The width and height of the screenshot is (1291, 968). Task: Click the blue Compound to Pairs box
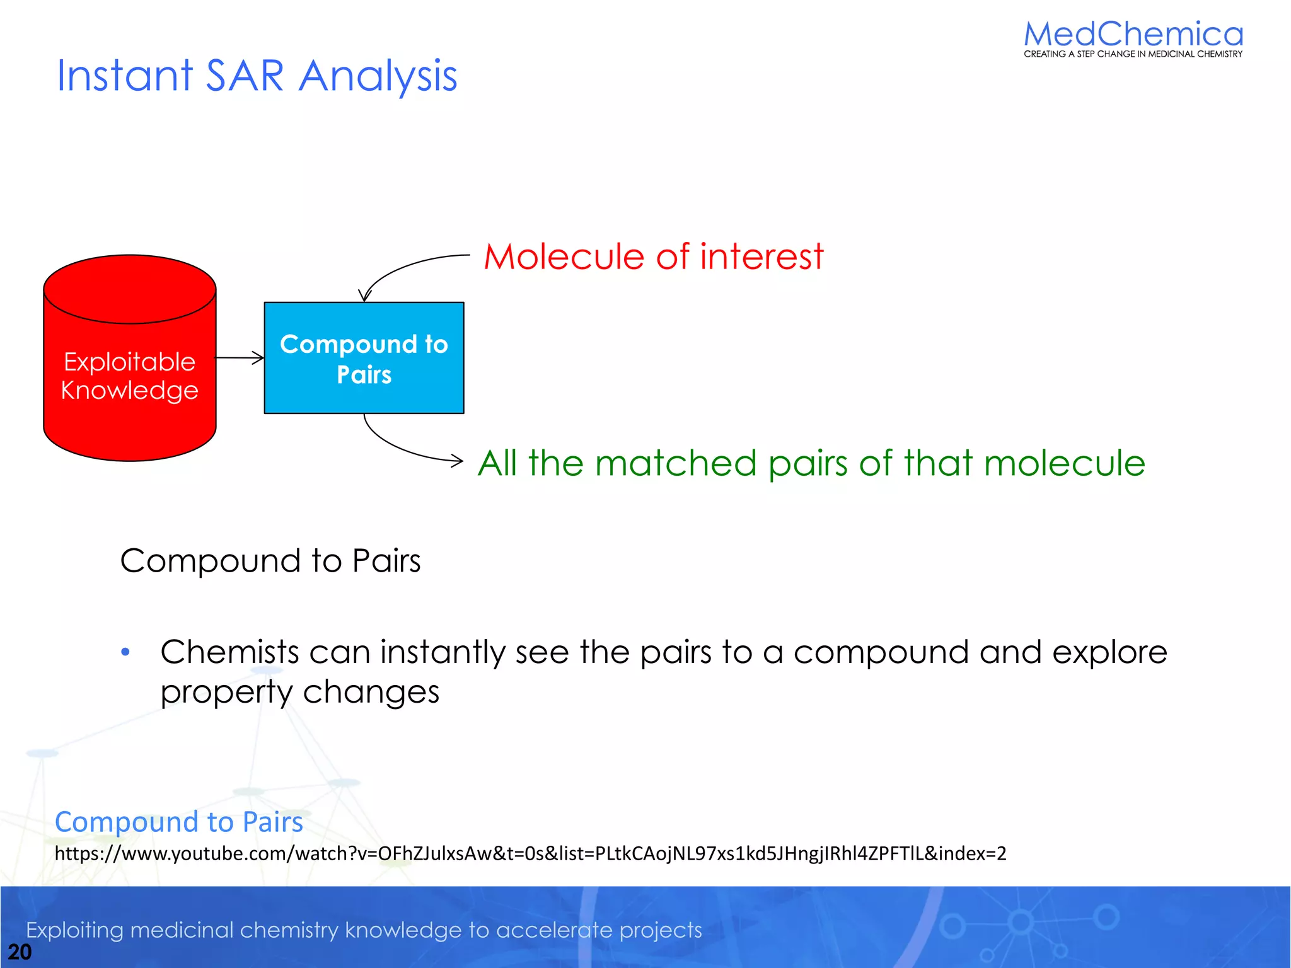364,359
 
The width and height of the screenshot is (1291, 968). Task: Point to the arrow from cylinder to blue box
240,358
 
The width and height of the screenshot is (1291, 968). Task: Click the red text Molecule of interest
653,256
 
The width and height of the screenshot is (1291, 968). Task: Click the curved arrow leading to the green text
403,449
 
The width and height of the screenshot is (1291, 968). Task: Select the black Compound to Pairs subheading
270,560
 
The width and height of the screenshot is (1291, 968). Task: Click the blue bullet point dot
125,652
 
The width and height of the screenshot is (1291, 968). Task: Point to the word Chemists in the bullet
229,652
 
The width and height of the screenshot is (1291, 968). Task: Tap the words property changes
299,692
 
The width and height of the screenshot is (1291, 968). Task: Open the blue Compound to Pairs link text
179,822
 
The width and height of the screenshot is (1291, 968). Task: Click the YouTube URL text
530,853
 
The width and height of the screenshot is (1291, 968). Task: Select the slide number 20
20,952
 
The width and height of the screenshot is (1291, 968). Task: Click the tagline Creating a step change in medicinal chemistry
1133,54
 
